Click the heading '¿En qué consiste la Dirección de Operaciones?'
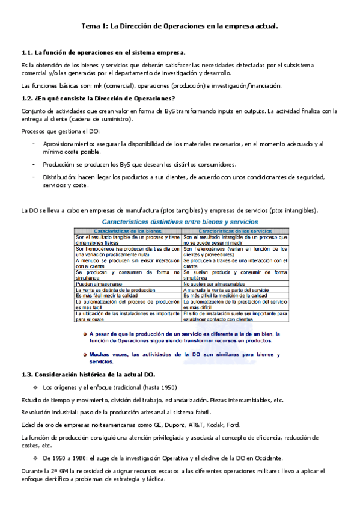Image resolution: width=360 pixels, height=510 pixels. [x=105, y=99]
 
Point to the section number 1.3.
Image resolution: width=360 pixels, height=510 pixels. [x=29, y=375]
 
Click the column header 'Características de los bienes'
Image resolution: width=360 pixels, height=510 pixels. [x=127, y=230]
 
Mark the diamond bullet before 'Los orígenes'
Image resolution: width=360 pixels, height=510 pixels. [x=35, y=386]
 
